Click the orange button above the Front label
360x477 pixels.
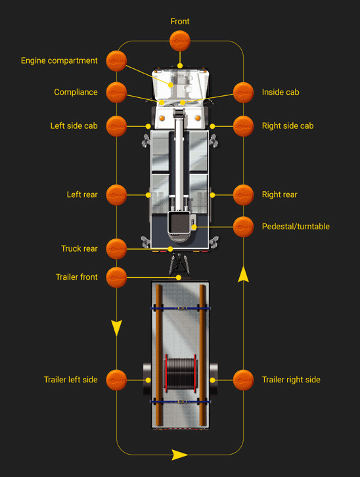tap(180, 41)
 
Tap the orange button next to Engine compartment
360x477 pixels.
tap(116, 60)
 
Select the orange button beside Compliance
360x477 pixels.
tap(116, 92)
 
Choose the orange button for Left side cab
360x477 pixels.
tap(116, 125)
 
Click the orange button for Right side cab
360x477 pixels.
tap(243, 125)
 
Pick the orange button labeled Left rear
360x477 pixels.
tap(116, 194)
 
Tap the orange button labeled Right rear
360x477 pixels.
tap(243, 194)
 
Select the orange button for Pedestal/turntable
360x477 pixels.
tap(243, 227)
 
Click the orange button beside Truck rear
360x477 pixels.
tap(116, 248)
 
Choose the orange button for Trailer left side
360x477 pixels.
tap(116, 379)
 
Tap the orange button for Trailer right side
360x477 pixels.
tap(243, 379)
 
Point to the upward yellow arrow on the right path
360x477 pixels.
tap(243, 274)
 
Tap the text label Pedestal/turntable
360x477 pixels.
tap(296, 227)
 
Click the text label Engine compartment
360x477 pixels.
tap(59, 60)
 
